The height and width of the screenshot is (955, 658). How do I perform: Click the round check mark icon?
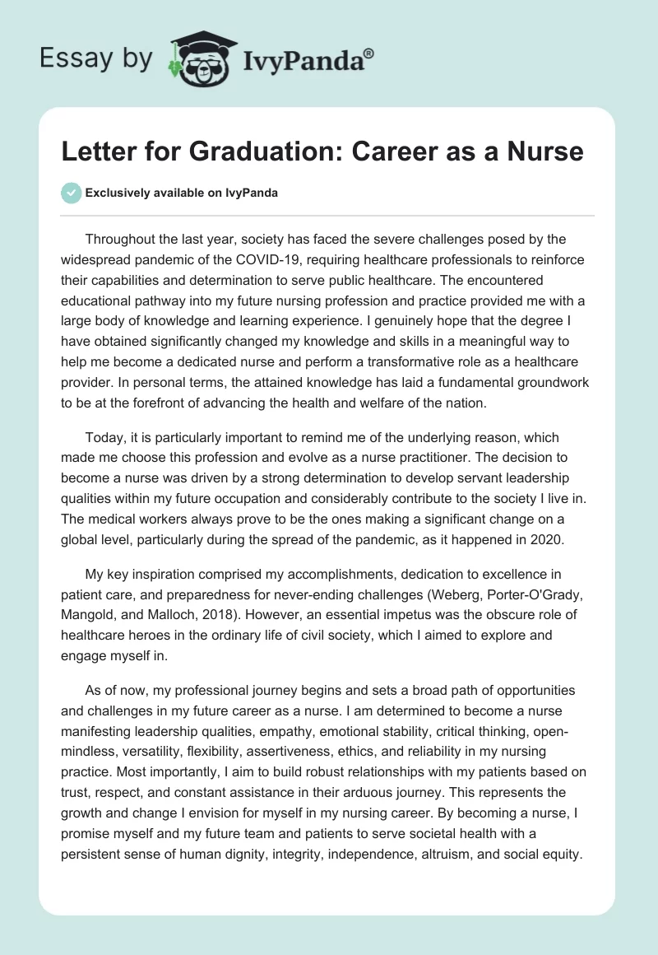click(72, 193)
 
